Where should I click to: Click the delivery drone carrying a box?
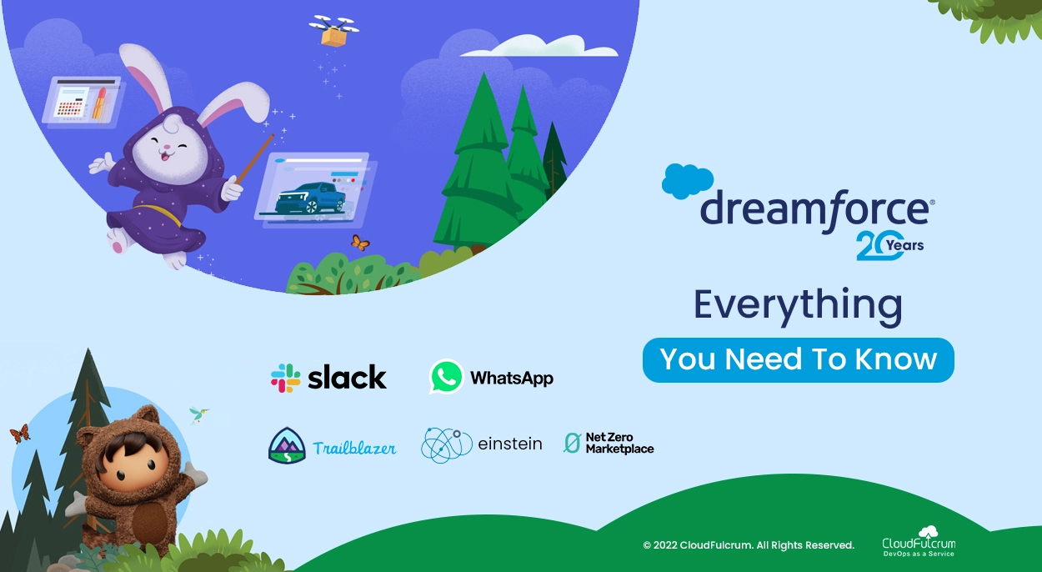[333, 31]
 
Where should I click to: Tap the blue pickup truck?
[310, 198]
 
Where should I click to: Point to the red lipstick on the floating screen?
[100, 103]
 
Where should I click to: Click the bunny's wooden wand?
[254, 158]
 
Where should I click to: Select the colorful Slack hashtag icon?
[286, 378]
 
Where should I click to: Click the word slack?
[347, 377]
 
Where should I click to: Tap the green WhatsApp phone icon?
[446, 377]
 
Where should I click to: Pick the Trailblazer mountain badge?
[287, 445]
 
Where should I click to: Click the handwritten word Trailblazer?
[354, 447]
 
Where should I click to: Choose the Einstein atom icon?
[446, 445]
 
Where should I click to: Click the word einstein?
[510, 444]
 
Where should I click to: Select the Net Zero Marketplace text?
[619, 443]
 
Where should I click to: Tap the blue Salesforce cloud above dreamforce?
[687, 181]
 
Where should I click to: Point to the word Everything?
[799, 306]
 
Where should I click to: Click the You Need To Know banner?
[799, 359]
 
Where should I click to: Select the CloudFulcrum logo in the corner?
[919, 542]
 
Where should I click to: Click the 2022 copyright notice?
[749, 545]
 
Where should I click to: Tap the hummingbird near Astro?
[198, 414]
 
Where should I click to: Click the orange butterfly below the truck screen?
[360, 243]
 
